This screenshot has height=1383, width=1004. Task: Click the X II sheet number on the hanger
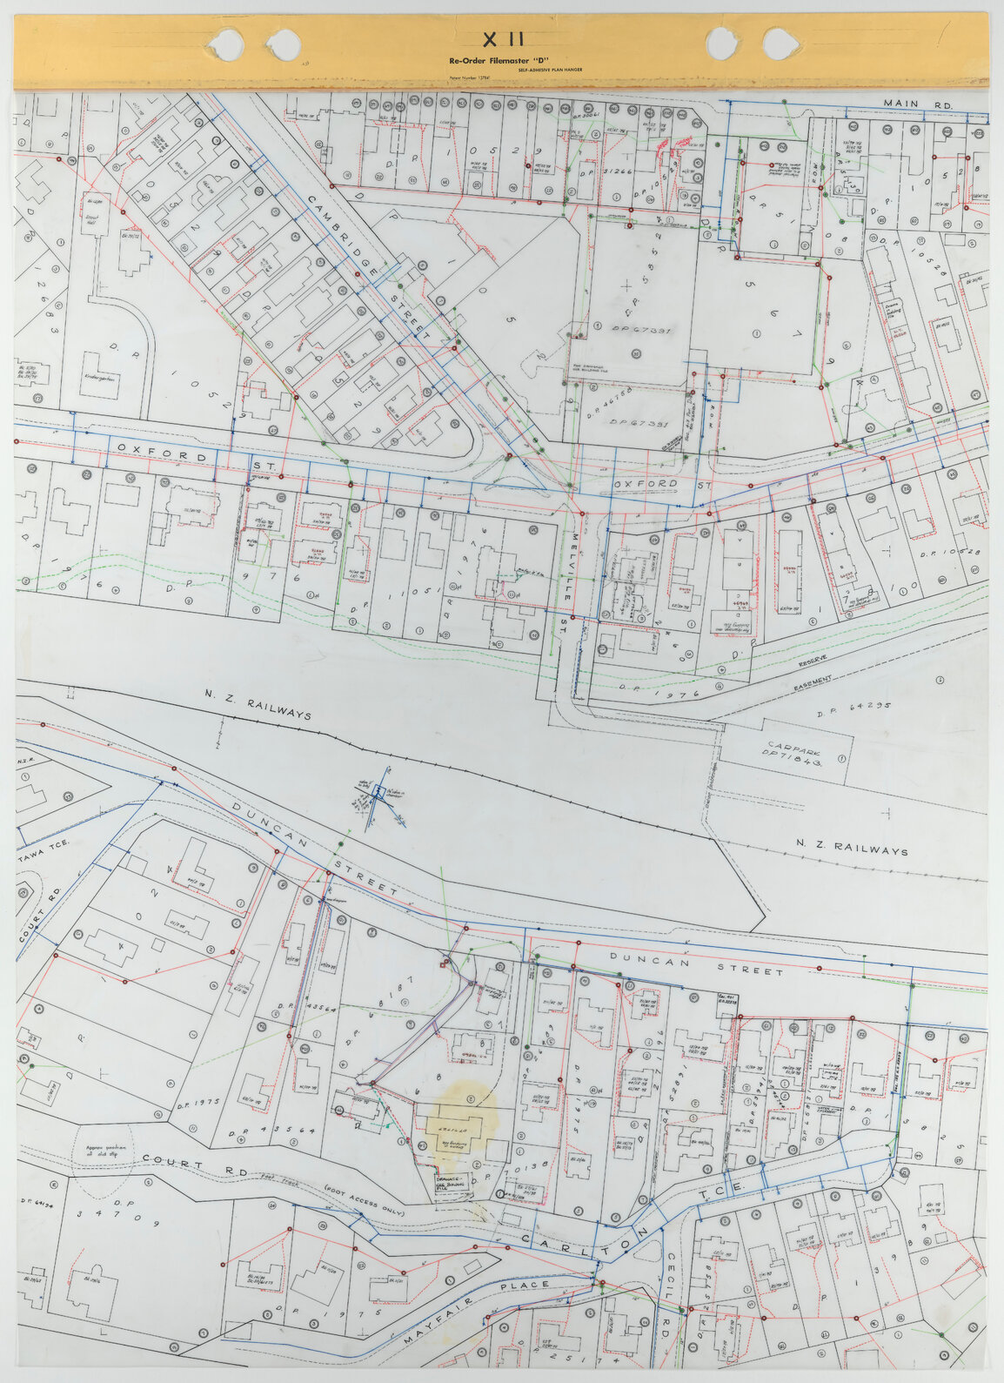(503, 38)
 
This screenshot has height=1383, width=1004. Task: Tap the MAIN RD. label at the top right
(919, 104)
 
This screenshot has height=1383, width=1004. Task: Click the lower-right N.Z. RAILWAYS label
(852, 846)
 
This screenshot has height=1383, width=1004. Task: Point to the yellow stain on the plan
(460, 1123)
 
